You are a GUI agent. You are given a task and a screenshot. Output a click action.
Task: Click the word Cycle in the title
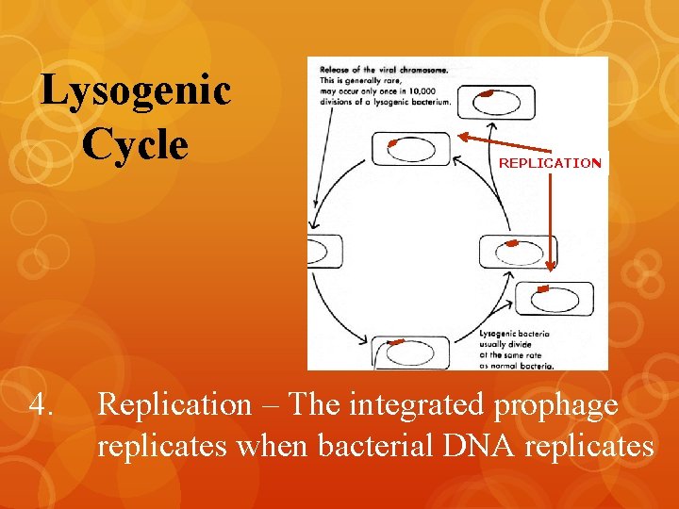[x=135, y=144]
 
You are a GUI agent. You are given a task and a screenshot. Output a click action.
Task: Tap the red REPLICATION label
[x=549, y=163]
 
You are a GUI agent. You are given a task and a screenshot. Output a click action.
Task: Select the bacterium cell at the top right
[x=496, y=101]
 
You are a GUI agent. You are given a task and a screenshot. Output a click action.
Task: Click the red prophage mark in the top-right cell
[x=486, y=93]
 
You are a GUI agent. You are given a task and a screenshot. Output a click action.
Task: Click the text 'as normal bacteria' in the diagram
[x=516, y=365]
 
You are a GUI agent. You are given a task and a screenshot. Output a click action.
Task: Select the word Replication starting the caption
[x=174, y=405]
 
